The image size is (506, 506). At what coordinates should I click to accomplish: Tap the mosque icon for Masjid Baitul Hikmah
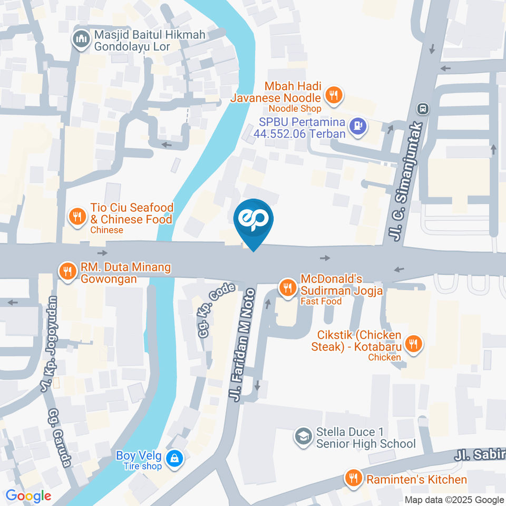(81, 40)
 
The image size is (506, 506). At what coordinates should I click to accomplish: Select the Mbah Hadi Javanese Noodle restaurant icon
(333, 96)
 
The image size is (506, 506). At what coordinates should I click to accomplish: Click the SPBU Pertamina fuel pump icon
(358, 126)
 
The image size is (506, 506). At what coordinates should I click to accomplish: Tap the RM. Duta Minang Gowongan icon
(67, 271)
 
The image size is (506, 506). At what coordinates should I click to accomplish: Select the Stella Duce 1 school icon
(303, 436)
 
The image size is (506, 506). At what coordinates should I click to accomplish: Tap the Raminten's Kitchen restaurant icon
(352, 479)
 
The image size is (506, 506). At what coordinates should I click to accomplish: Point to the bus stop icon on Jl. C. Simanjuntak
(422, 109)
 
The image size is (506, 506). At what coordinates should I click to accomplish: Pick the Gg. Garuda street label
(60, 437)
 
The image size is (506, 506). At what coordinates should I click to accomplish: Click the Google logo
(28, 495)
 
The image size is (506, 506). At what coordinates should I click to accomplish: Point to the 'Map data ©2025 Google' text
(454, 500)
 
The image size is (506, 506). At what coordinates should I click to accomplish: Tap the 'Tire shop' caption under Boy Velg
(142, 466)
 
